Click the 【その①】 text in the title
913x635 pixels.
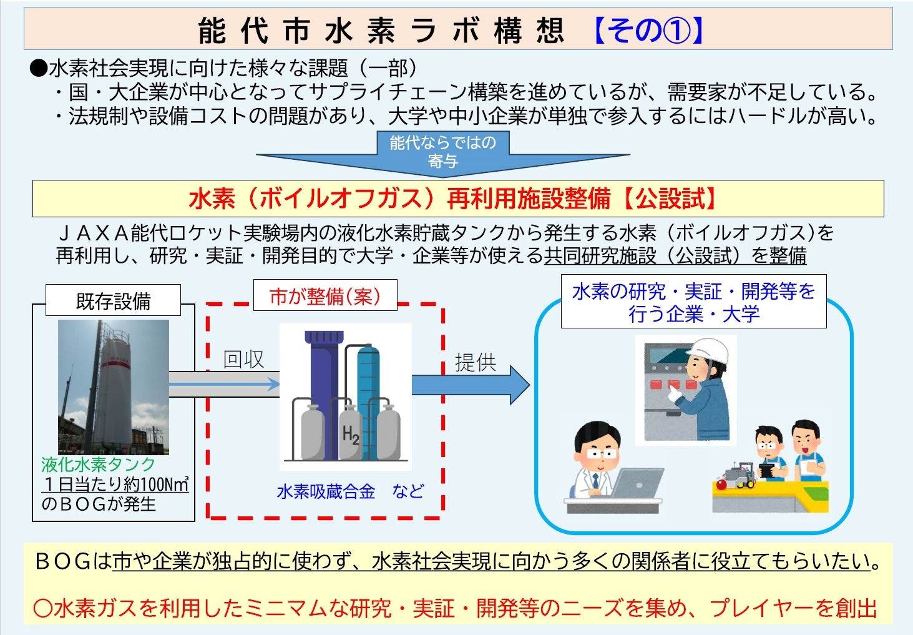coord(649,30)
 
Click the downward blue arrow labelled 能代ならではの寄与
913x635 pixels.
coord(442,154)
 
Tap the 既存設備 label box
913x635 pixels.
coord(113,300)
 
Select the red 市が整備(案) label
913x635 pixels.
coord(325,295)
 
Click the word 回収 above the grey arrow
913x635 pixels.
coord(243,359)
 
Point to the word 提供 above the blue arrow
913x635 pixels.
coord(475,362)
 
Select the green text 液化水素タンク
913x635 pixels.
coord(98,464)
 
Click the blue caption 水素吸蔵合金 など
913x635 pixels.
coord(350,491)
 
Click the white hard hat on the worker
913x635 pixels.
coord(711,351)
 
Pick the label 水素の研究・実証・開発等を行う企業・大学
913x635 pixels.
coord(693,302)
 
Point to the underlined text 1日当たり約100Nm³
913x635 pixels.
coord(115,484)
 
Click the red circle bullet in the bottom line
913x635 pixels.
coord(42,608)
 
